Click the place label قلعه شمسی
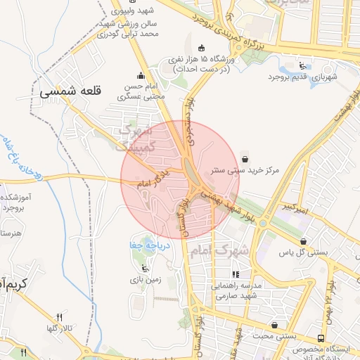(x=71, y=91)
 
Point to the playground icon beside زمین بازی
(x=145, y=267)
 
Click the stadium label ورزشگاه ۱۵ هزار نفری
(x=213, y=61)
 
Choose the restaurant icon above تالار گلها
(x=60, y=316)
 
